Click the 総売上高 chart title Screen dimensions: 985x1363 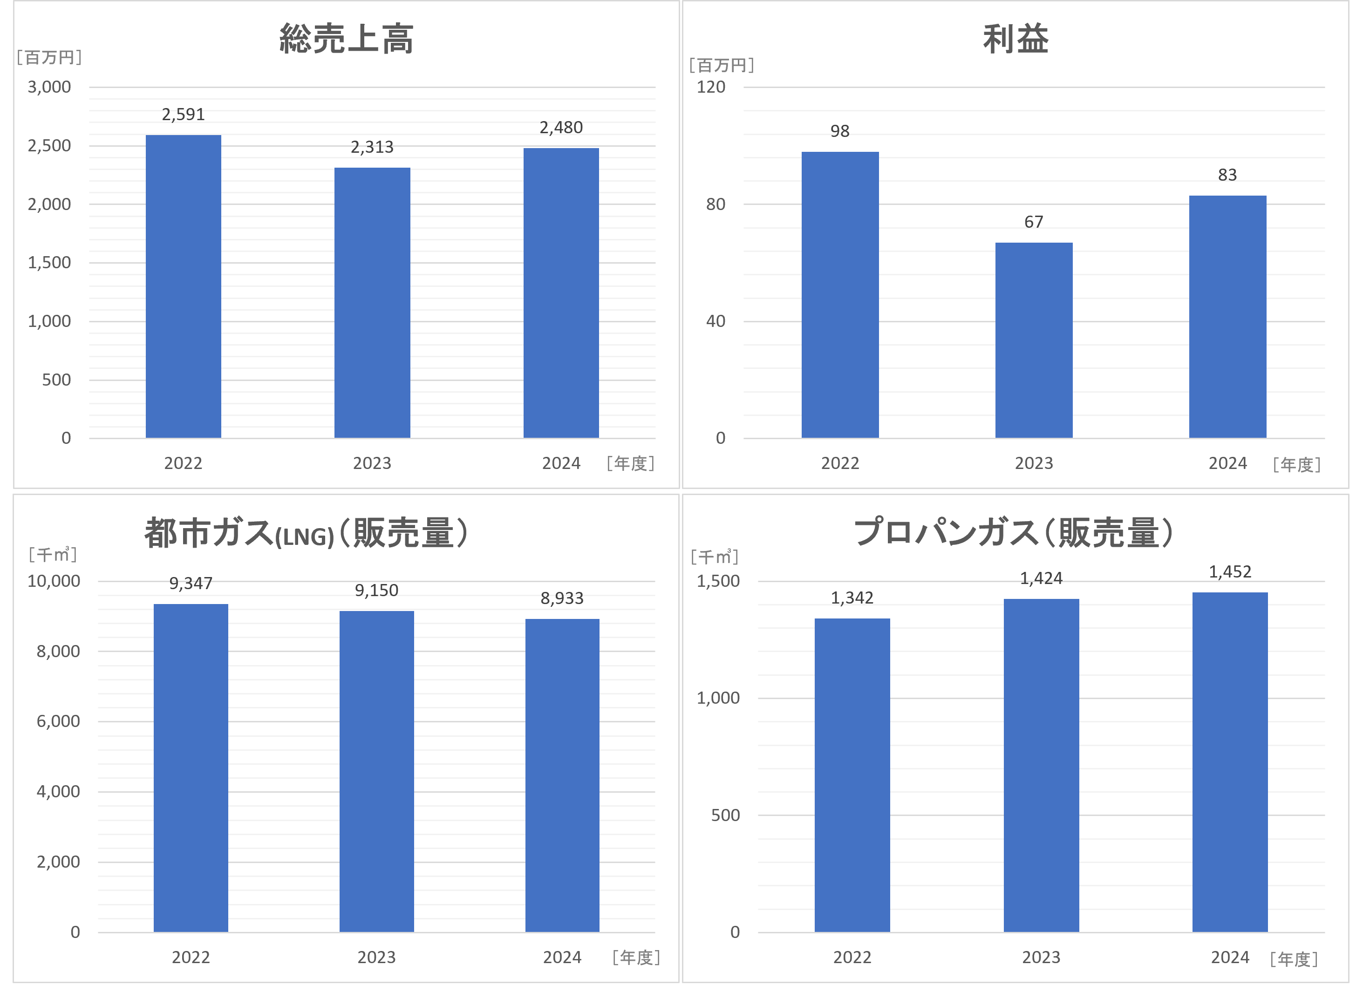click(346, 39)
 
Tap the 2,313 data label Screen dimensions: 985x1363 click(372, 147)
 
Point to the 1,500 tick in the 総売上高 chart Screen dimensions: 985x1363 click(49, 263)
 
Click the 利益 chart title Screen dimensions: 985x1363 click(1015, 40)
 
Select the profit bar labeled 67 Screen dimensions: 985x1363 click(1034, 340)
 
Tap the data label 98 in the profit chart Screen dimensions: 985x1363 click(839, 131)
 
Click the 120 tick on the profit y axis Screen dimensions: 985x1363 click(711, 87)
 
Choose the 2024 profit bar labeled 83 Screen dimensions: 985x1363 click(1227, 317)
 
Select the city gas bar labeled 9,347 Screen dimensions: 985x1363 click(191, 768)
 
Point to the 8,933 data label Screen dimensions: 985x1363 click(562, 598)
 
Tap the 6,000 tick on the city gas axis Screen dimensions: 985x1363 click(58, 721)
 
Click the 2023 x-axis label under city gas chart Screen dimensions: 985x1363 click(376, 958)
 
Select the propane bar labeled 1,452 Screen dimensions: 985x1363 click(1230, 762)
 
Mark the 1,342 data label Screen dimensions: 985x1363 click(852, 598)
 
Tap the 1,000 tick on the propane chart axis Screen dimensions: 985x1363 click(718, 698)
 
